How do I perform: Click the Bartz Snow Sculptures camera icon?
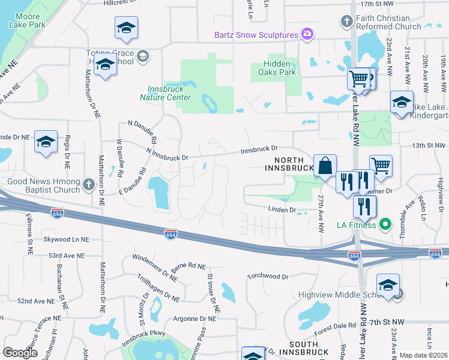[x=307, y=34]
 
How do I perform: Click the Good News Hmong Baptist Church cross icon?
[x=88, y=184]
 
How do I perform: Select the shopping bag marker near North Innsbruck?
[x=325, y=166]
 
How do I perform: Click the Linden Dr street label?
[x=282, y=210]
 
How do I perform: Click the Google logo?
[x=20, y=352]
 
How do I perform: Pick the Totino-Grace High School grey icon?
[x=143, y=56]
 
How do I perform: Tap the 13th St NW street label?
[x=430, y=146]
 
